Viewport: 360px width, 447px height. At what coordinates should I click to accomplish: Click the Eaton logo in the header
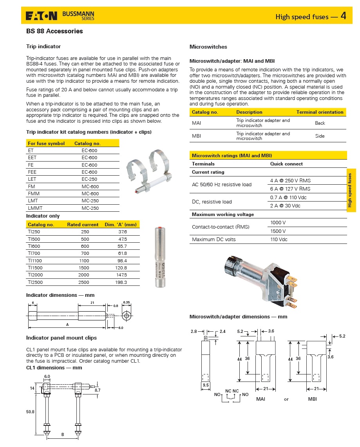point(41,16)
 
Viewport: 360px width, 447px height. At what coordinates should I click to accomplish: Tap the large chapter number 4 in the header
point(343,16)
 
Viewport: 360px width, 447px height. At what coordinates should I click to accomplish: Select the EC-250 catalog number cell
point(89,179)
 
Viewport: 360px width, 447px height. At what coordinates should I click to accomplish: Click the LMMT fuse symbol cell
point(35,208)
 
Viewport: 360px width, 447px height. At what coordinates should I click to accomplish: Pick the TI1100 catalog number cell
point(35,261)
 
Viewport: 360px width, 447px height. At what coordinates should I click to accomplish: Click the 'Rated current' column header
point(83,225)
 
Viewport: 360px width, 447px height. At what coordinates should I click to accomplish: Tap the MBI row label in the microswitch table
point(197,136)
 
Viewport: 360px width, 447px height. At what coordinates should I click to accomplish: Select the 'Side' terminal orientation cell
point(320,136)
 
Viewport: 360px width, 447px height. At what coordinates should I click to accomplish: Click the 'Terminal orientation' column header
point(320,112)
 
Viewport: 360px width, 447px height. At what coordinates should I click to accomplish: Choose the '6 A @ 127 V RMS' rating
point(290,189)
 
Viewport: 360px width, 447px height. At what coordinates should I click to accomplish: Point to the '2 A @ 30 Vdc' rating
point(286,206)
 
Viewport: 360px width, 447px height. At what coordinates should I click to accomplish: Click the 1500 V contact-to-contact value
point(278,231)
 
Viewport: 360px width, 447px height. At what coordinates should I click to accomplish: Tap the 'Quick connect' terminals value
point(286,164)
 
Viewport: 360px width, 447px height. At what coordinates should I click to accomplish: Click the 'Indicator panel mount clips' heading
point(62,338)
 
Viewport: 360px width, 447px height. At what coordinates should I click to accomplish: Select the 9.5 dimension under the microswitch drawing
point(206,385)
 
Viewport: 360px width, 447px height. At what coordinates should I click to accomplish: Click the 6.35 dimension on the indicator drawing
point(127,303)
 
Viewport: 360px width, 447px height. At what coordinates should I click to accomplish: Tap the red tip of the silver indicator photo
point(159,227)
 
